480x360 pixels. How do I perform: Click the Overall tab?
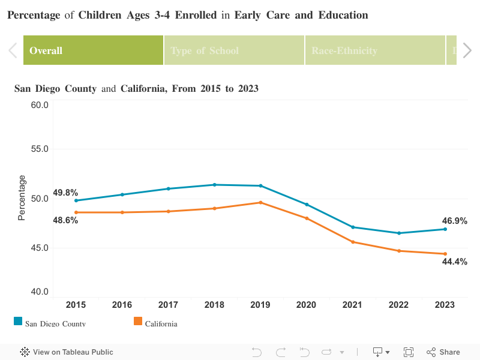point(93,50)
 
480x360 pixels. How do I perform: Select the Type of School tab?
point(234,50)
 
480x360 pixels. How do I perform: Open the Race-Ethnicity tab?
point(375,50)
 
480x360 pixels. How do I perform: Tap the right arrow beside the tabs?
point(467,50)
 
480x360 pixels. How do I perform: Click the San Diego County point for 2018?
point(214,185)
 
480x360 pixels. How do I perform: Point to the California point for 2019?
point(260,202)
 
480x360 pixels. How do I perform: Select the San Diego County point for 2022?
point(399,233)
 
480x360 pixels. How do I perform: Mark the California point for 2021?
point(353,242)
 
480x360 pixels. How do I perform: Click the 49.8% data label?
point(65,193)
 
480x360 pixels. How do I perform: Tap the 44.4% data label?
point(455,262)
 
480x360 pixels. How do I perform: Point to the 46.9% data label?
point(455,221)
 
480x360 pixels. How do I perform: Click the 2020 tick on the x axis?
point(307,305)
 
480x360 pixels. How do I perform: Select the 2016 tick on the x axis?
point(122,305)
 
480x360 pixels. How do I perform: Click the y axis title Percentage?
point(22,197)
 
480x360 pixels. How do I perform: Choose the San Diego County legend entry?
point(55,324)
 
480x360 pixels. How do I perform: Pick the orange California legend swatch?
point(138,322)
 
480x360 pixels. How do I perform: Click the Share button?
point(443,352)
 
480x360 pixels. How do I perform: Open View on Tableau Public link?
point(67,352)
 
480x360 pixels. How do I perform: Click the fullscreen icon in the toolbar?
point(409,352)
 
